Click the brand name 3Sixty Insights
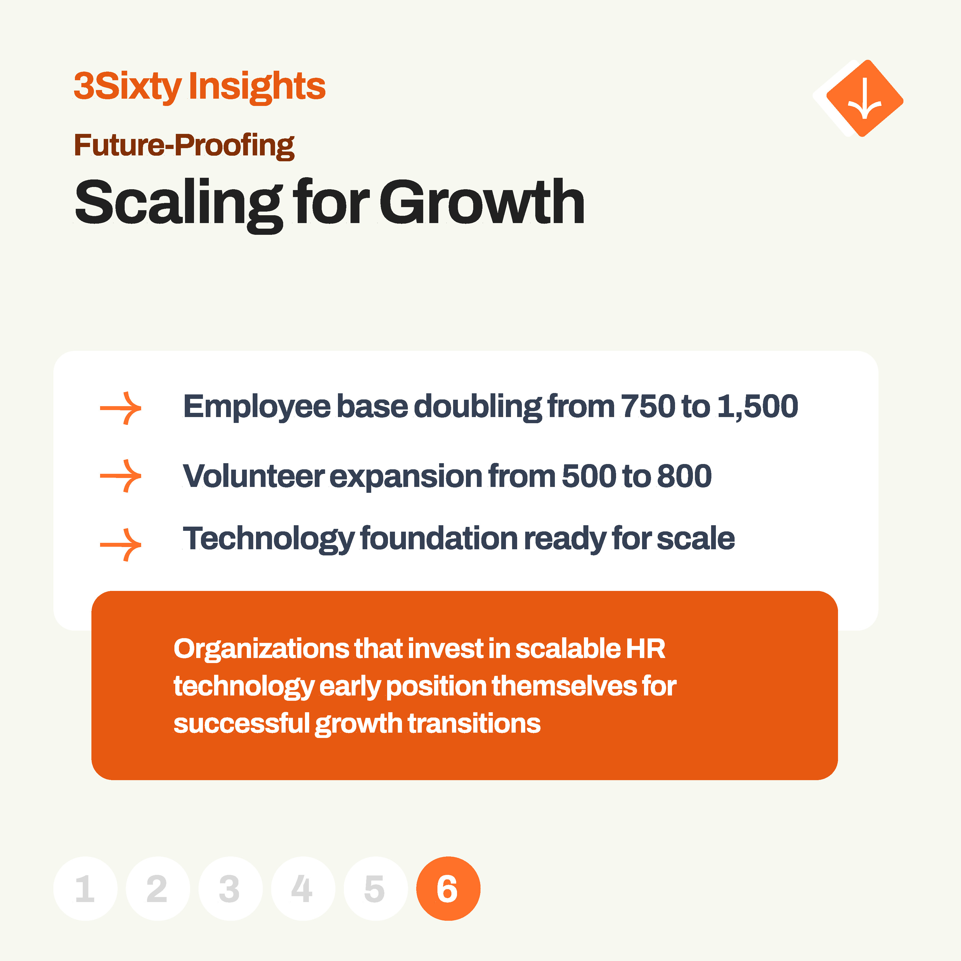[200, 87]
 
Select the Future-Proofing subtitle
[184, 145]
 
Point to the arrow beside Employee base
[121, 408]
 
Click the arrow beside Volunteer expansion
[121, 476]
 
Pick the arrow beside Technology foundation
[121, 545]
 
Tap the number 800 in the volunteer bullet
[685, 476]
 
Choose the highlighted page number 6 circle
[448, 888]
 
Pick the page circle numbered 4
[303, 888]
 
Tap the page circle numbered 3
[230, 888]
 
